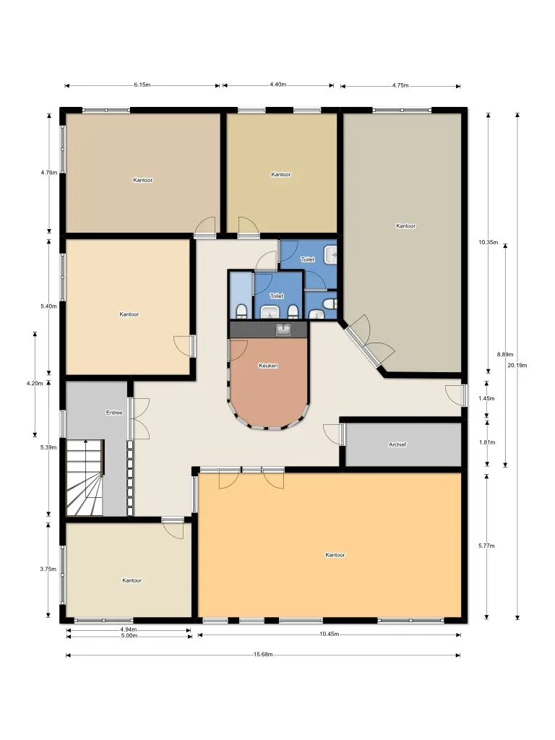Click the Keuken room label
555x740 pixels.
point(268,366)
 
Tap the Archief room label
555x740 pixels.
point(397,444)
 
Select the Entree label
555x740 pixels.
point(114,413)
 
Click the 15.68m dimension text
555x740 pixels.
point(263,655)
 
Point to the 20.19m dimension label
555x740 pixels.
point(517,365)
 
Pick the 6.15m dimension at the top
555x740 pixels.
point(142,85)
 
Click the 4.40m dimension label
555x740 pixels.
point(278,85)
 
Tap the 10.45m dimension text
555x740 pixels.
point(330,634)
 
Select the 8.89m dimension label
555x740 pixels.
point(505,354)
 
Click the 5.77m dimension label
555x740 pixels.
point(486,546)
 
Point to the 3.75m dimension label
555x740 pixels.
point(48,569)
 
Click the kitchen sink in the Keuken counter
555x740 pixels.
point(283,330)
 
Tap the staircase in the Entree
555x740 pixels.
point(85,478)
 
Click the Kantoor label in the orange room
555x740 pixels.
point(335,555)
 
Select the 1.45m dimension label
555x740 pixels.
point(486,398)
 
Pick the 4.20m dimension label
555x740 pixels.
point(35,383)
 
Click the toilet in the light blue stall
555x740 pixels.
point(241,311)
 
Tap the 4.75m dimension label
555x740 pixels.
point(400,85)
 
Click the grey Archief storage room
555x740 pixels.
point(403,444)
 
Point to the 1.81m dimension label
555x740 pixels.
point(487,442)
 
